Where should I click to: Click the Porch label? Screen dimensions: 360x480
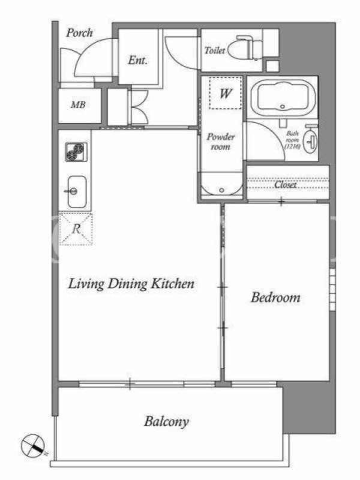click(80, 33)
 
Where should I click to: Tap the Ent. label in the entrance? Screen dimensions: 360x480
click(138, 60)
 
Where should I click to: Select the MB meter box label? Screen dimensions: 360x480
click(78, 105)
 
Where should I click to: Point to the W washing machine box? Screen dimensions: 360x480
click(226, 93)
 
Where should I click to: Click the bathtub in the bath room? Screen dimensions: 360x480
click(282, 97)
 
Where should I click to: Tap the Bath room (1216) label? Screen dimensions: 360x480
click(292, 140)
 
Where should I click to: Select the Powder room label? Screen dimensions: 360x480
click(221, 142)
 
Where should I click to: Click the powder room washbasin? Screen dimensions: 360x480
click(221, 185)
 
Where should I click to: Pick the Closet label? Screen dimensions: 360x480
click(286, 185)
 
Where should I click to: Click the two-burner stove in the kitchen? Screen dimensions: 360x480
click(76, 152)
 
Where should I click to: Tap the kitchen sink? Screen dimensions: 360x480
click(77, 191)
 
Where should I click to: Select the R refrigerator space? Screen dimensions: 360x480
click(76, 229)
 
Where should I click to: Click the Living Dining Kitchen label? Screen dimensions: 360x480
click(131, 284)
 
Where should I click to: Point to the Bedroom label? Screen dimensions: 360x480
click(275, 298)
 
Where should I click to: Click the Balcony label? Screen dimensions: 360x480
click(166, 422)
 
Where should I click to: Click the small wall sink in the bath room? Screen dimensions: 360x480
click(311, 142)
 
